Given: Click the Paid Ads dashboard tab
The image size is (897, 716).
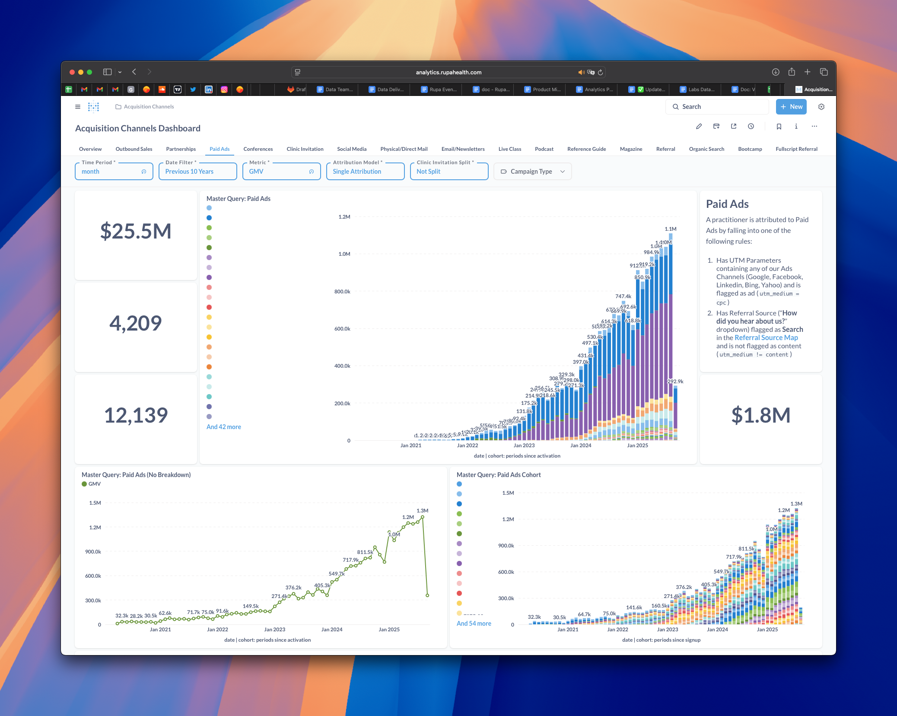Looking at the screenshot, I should coord(219,149).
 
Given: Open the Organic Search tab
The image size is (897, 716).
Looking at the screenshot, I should coord(706,149).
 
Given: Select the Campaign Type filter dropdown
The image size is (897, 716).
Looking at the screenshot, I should coord(532,172).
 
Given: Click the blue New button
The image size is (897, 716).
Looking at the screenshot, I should coord(791,107).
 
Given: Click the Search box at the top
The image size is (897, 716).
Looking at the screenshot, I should coord(717,107).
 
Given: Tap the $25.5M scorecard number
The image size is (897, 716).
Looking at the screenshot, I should coord(136,231).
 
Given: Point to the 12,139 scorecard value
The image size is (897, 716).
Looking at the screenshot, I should coord(136,415).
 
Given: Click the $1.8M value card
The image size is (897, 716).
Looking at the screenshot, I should coord(760,415).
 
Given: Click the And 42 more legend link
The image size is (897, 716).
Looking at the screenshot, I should coord(223,427).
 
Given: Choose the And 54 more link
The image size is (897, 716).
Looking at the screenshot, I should coord(474,624).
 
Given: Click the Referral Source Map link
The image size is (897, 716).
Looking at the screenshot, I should coord(766,338).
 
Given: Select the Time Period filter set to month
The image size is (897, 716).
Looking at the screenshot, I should coord(114,172).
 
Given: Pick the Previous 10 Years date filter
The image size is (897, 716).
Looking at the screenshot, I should coord(197,172).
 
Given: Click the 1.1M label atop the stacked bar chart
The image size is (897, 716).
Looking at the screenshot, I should coord(670,229).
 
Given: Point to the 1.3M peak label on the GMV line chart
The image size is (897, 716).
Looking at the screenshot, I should coord(422,511).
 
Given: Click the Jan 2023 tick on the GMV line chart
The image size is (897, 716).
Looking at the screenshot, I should coord(274,630).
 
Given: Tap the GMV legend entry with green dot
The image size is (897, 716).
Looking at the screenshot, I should coord(92,484).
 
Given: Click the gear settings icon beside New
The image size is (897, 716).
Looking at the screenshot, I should coord(821,107).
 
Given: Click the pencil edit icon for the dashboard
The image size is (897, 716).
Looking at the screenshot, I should coord(699,127).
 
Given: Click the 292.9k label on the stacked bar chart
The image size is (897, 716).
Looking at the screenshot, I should coord(675,382).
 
